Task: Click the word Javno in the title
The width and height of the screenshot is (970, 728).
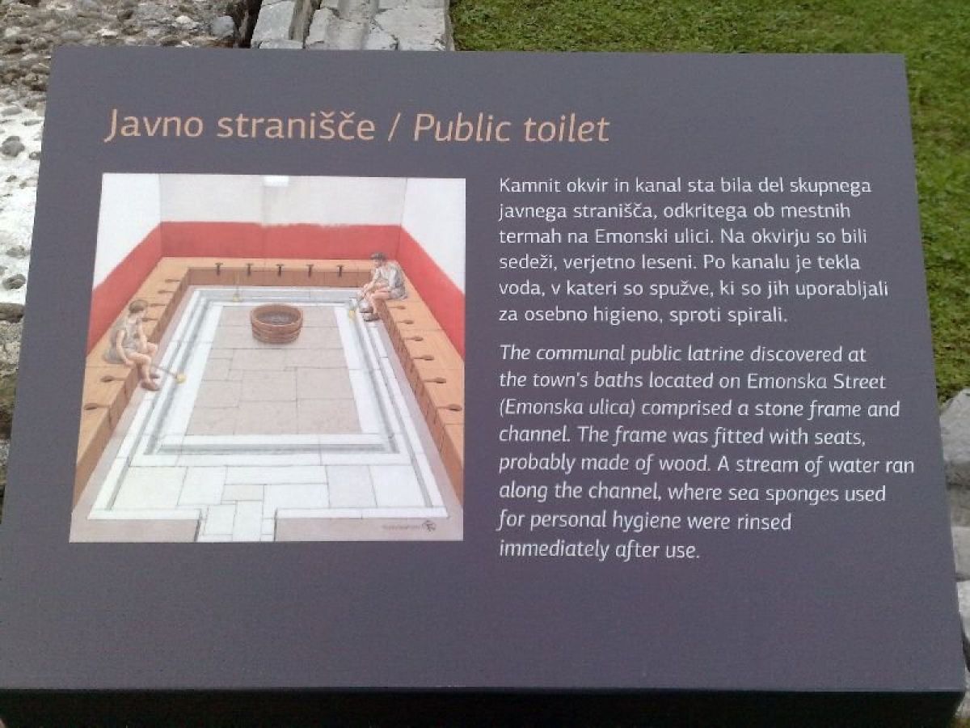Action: [154, 125]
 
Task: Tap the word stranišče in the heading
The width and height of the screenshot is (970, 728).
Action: [296, 125]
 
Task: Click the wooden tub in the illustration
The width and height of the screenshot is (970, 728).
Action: [276, 324]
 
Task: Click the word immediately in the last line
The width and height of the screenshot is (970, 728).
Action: [555, 549]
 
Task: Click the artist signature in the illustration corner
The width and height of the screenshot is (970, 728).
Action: [428, 526]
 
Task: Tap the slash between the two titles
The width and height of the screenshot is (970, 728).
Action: [394, 129]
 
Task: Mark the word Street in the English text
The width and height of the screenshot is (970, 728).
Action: [859, 382]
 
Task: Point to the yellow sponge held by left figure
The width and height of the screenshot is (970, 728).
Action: [180, 377]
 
